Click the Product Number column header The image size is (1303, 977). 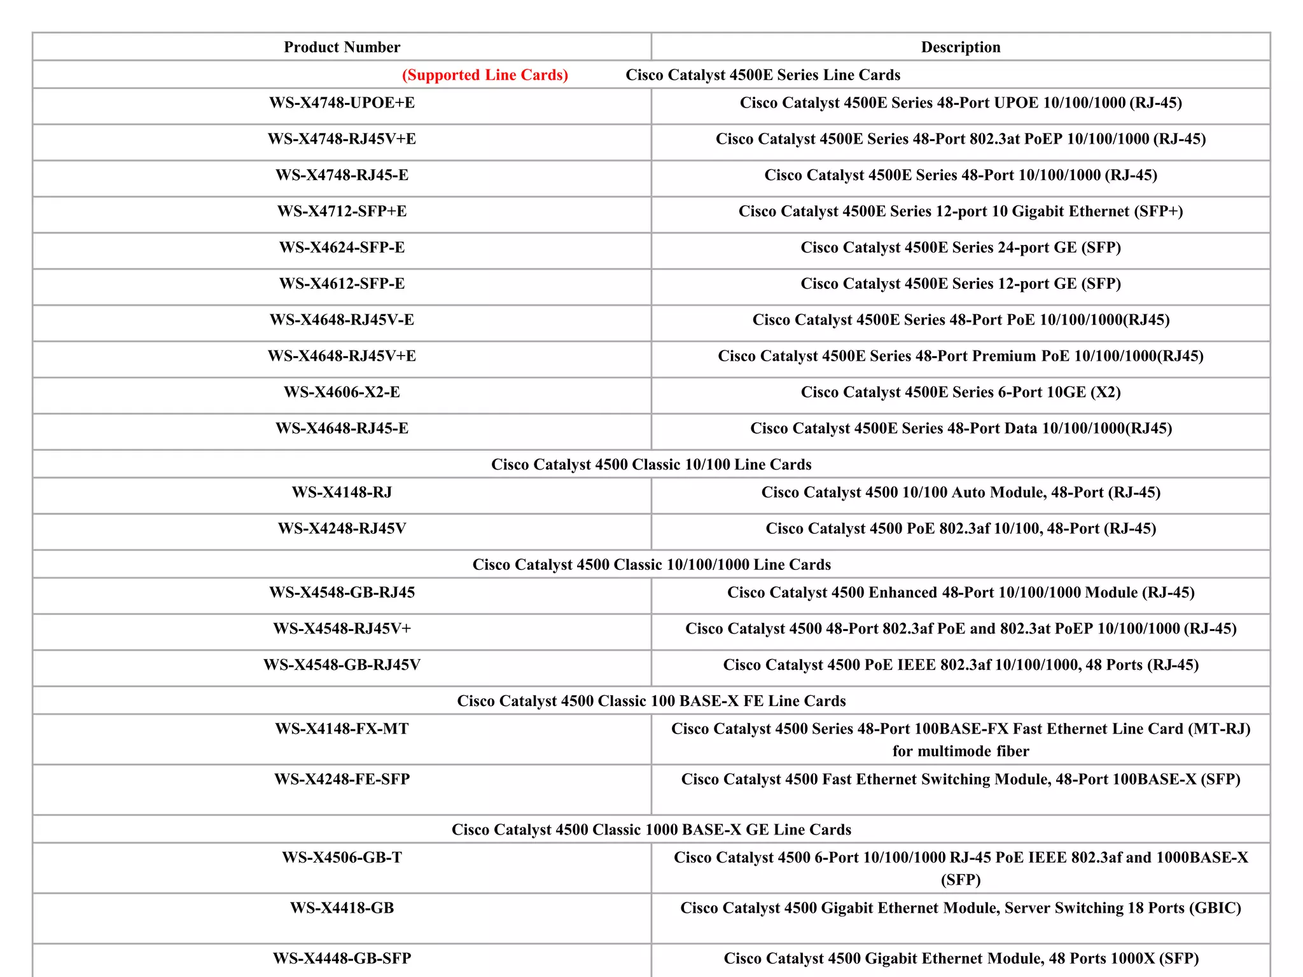tap(342, 47)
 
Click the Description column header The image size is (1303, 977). tap(960, 47)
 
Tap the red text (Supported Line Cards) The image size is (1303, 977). tap(485, 75)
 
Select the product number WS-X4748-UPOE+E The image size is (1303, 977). tap(342, 103)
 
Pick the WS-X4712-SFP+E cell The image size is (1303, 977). tap(342, 211)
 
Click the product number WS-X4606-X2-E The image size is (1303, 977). tap(342, 392)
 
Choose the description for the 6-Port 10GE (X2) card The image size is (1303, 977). tap(960, 392)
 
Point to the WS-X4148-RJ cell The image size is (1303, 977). tap(342, 492)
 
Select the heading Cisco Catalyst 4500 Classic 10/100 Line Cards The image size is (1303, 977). tap(651, 464)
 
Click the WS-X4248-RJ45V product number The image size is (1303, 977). tap(342, 529)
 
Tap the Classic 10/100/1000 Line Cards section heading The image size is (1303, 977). tap(651, 565)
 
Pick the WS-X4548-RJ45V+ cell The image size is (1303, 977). tap(342, 628)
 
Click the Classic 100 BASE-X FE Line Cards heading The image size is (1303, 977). tap(651, 701)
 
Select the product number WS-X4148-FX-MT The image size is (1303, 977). tap(342, 729)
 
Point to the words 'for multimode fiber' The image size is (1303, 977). tap(960, 751)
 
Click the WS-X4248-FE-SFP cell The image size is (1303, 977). tap(342, 779)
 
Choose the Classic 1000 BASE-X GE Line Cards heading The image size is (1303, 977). tap(651, 829)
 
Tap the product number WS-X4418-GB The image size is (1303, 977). tap(342, 908)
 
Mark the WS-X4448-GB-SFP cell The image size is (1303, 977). tap(342, 959)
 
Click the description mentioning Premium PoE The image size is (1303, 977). tap(960, 356)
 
